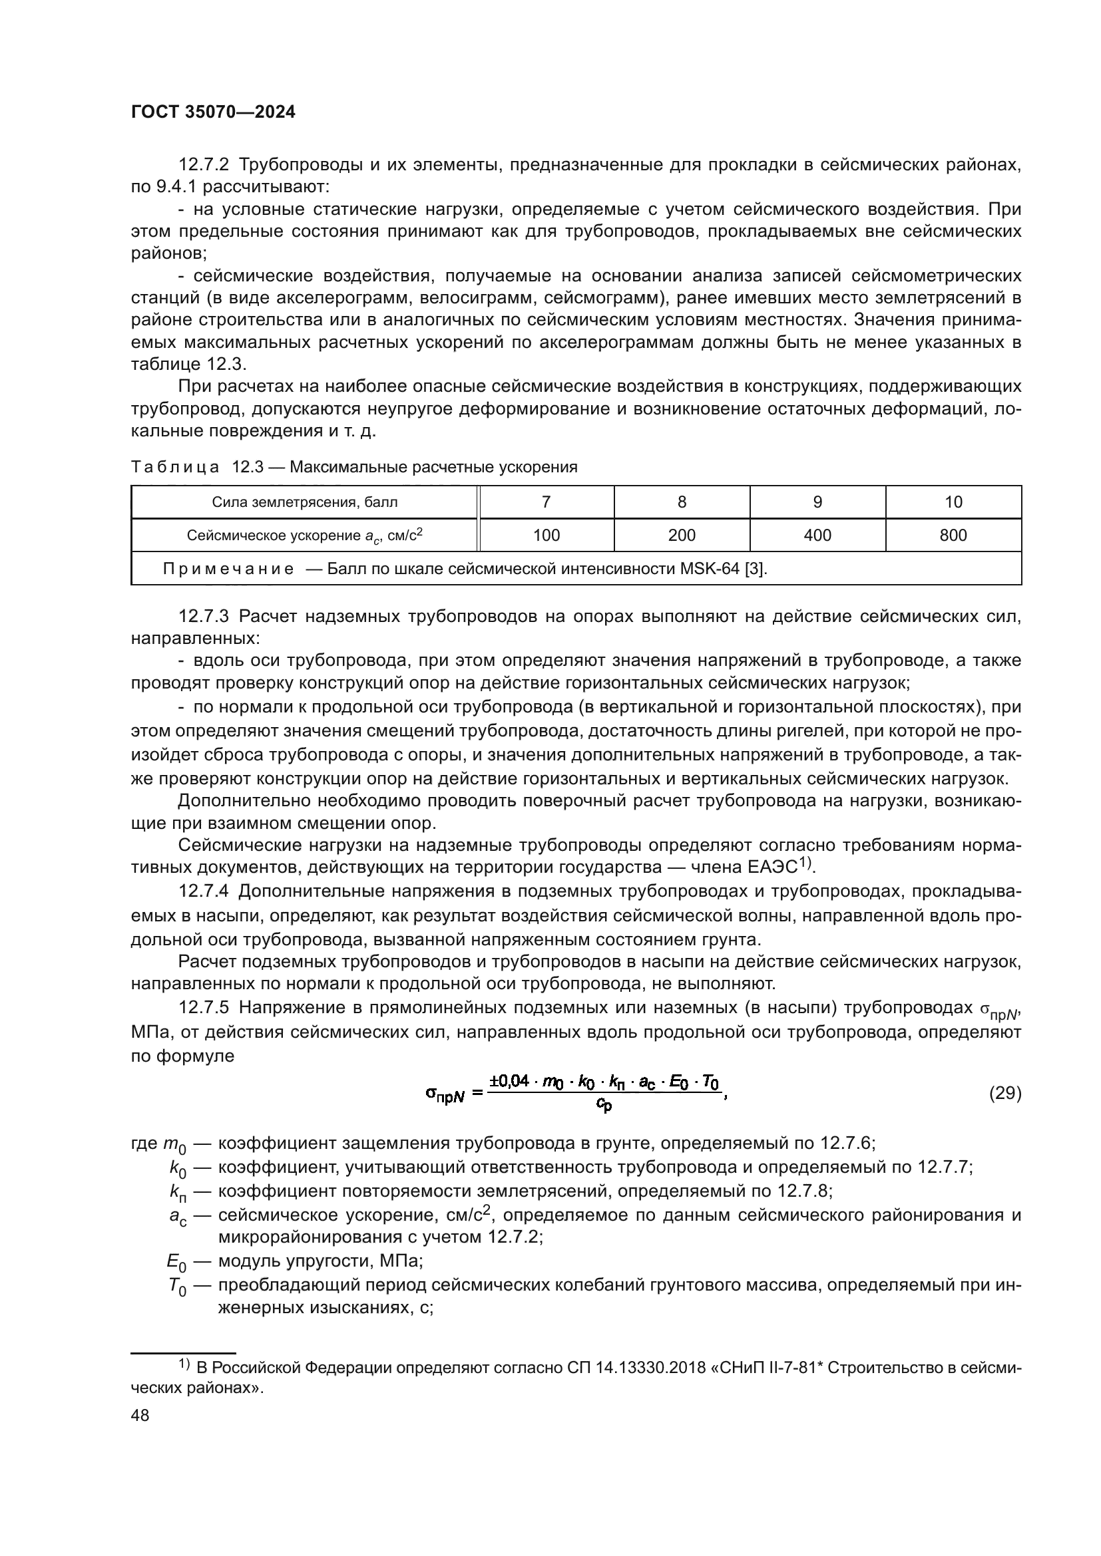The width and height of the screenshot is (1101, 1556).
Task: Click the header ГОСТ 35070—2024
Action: pyautogui.click(x=213, y=112)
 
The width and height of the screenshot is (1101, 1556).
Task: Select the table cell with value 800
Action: pyautogui.click(x=953, y=536)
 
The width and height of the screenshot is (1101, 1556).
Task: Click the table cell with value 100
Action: pyautogui.click(x=546, y=536)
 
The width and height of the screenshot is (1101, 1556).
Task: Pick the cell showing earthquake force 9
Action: pyautogui.click(x=817, y=502)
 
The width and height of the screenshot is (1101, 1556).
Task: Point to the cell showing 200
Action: pyautogui.click(x=682, y=536)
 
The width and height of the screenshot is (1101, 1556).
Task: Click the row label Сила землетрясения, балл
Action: pyautogui.click(x=304, y=502)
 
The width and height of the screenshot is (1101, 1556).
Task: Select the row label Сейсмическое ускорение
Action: pyautogui.click(x=304, y=536)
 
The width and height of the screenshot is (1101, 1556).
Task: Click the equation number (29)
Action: pyautogui.click(x=1004, y=1093)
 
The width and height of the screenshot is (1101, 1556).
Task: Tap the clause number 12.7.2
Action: pyautogui.click(x=204, y=165)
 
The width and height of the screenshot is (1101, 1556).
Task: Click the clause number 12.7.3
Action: pyautogui.click(x=204, y=616)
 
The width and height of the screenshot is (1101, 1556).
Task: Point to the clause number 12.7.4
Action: pyautogui.click(x=204, y=891)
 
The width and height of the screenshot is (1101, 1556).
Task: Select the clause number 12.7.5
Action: pyautogui.click(x=204, y=1008)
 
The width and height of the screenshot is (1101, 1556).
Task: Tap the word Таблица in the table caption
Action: pyautogui.click(x=175, y=467)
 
